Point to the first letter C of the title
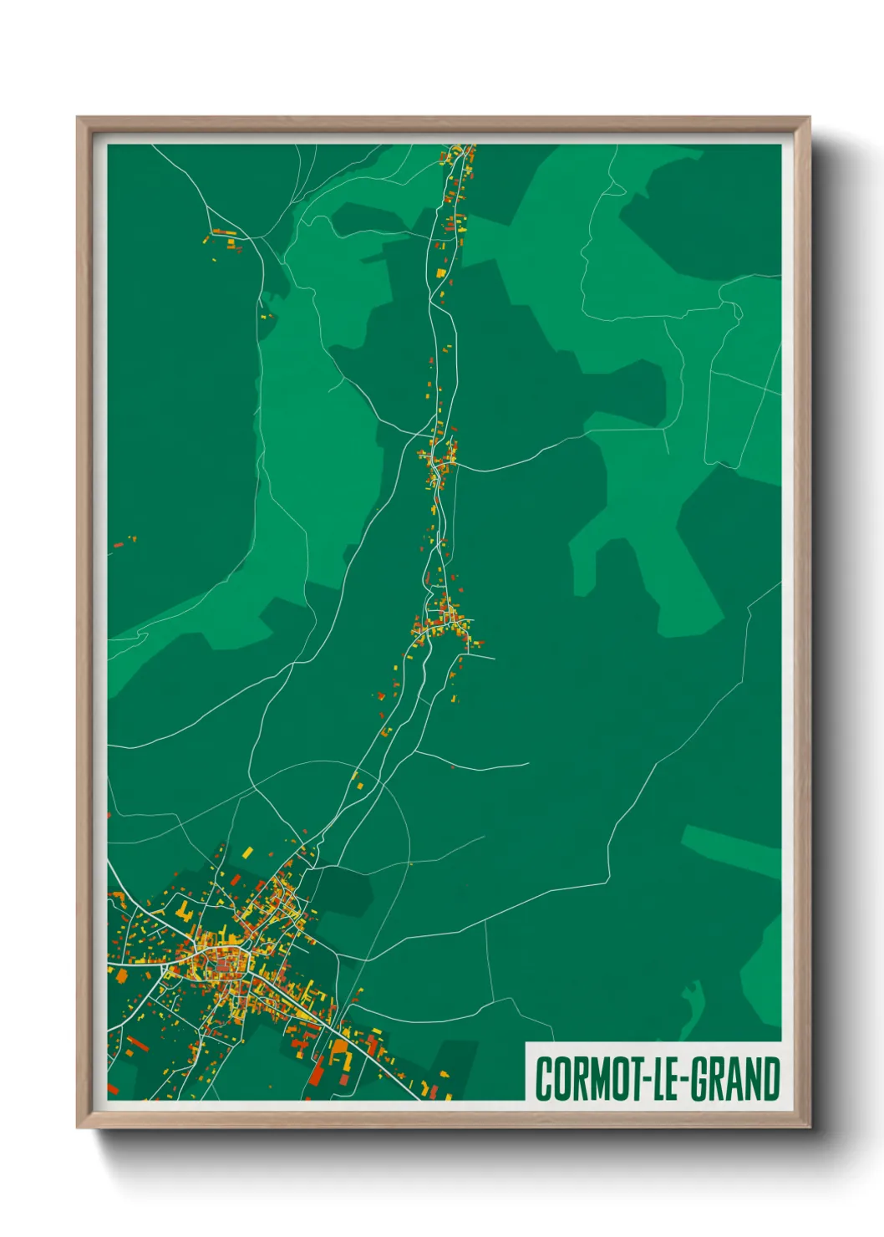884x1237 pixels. pyautogui.click(x=542, y=1079)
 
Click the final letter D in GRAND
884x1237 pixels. pyautogui.click(x=771, y=1079)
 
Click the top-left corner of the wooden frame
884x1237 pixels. pyautogui.click(x=78, y=118)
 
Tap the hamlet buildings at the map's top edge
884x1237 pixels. pyautogui.click(x=459, y=157)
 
